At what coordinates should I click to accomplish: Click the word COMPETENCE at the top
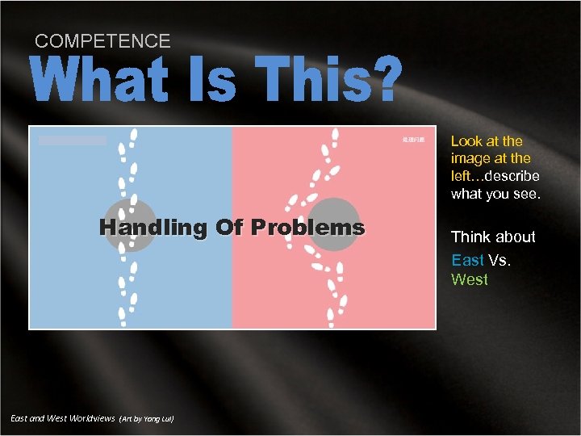(x=102, y=41)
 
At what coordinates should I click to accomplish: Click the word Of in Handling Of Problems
(x=230, y=228)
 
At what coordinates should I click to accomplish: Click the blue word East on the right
(x=467, y=259)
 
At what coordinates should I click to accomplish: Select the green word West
(x=469, y=279)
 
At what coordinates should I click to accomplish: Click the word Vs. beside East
(x=499, y=259)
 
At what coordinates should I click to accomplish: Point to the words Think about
(x=493, y=237)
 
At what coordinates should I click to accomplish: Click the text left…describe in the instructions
(x=495, y=176)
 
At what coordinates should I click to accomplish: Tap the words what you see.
(x=495, y=194)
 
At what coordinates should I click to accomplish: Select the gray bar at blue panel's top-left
(x=73, y=140)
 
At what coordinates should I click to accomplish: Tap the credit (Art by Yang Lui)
(x=146, y=419)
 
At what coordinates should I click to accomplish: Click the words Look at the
(x=487, y=141)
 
